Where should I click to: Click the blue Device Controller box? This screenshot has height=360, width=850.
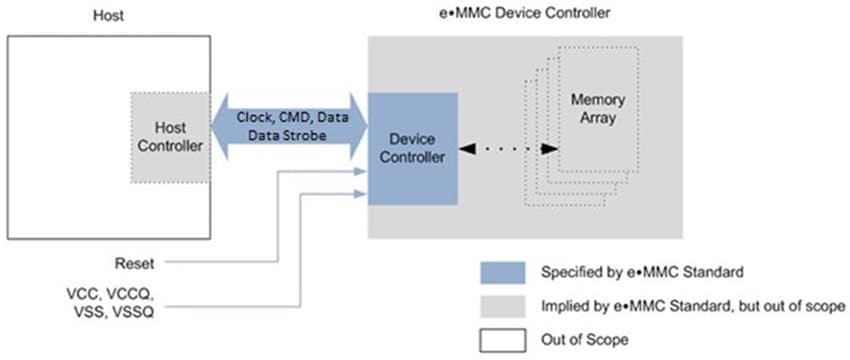[x=412, y=147]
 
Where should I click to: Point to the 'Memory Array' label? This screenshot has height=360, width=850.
[x=598, y=109]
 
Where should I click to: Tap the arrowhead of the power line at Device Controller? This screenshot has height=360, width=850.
[x=361, y=191]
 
